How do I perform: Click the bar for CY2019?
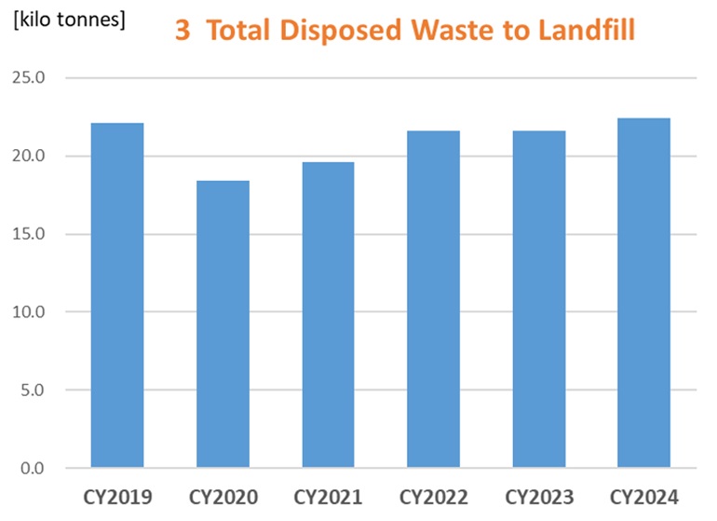coord(116,295)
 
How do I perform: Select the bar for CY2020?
coord(223,323)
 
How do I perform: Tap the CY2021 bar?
coord(328,314)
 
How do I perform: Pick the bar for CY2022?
coord(433,298)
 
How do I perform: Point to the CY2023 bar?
coord(538,298)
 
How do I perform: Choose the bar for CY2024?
coord(643,293)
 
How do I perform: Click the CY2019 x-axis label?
coord(116,495)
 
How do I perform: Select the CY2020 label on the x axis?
coord(223,495)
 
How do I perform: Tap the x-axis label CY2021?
coord(328,495)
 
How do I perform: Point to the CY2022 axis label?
coord(433,495)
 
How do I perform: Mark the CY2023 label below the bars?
coord(538,495)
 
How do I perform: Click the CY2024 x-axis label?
coord(643,495)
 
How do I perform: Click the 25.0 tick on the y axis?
coord(27,77)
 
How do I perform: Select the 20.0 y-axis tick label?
coord(27,156)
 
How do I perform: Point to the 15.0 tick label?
coord(27,233)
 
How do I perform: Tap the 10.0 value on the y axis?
coord(27,311)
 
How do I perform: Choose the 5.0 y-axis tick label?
coord(31,390)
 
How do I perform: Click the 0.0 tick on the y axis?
coord(31,467)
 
